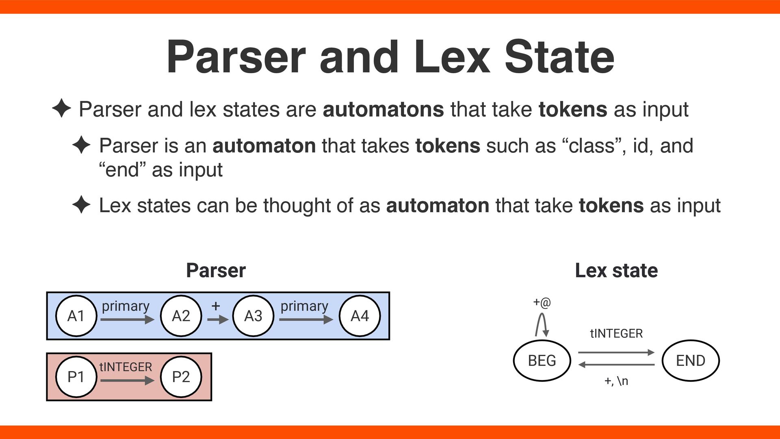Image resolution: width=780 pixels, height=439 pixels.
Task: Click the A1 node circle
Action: tap(76, 316)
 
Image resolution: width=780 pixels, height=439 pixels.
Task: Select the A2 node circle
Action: tap(181, 316)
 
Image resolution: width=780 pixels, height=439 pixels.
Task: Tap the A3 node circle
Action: tap(253, 316)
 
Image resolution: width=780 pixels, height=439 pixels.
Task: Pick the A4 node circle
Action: tap(360, 316)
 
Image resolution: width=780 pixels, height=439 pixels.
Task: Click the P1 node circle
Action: tap(76, 377)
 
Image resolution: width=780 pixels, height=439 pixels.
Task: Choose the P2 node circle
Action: tap(181, 377)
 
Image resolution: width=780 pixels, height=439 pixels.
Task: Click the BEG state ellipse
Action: tap(542, 361)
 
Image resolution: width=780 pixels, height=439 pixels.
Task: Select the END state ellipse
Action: tap(691, 361)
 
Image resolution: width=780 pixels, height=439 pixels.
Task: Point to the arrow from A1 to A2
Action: tap(127, 320)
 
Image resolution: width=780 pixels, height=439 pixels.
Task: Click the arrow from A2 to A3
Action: tap(218, 320)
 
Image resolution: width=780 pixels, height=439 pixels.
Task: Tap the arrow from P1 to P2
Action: tap(127, 381)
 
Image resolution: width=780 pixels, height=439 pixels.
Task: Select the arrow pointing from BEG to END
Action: tap(616, 352)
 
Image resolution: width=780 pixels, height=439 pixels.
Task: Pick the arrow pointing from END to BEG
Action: tap(616, 365)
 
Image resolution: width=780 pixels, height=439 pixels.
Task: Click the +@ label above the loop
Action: tap(542, 302)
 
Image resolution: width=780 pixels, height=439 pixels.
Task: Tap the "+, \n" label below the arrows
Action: tap(616, 381)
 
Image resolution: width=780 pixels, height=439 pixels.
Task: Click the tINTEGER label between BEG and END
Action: tap(616, 334)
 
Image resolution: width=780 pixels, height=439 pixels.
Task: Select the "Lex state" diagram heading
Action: tap(616, 270)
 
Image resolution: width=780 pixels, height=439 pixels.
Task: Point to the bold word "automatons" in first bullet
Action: tap(383, 109)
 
